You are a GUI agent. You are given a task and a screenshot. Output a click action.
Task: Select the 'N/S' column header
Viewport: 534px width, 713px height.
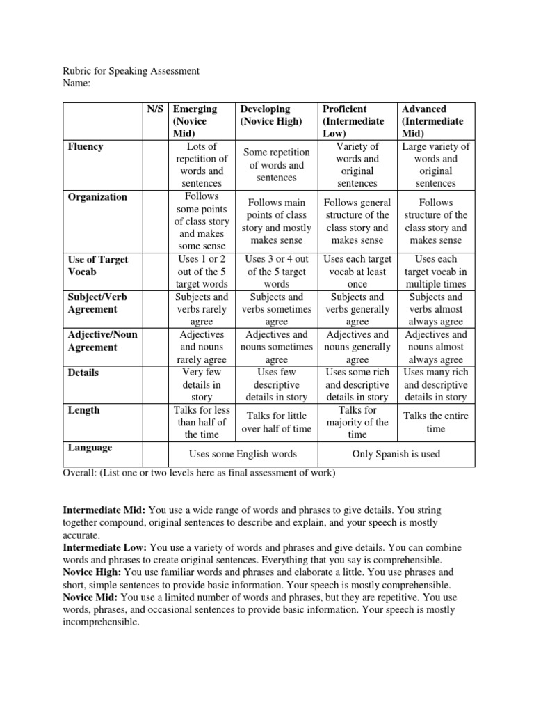coord(154,109)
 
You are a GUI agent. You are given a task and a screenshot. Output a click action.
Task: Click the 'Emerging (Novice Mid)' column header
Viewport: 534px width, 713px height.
coord(195,121)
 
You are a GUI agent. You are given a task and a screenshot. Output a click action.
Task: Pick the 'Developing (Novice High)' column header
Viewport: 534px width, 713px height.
coord(270,116)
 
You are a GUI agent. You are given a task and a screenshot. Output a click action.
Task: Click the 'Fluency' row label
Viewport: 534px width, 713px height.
coord(86,147)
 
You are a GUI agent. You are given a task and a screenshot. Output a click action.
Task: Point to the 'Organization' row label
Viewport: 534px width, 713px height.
coord(97,197)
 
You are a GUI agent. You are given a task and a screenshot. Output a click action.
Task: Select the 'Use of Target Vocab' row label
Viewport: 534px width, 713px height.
coord(98,266)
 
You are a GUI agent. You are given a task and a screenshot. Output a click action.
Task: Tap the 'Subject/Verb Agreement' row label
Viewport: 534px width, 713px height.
coord(97,303)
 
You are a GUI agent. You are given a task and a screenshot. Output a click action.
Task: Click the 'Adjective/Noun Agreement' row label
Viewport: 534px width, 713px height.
coord(102,340)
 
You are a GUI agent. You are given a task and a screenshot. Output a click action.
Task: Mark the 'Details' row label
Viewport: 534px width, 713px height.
coord(83,373)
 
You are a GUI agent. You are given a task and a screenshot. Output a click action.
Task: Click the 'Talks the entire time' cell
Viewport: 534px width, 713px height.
coord(437,422)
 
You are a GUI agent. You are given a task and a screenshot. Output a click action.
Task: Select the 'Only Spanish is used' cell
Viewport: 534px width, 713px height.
coord(396,454)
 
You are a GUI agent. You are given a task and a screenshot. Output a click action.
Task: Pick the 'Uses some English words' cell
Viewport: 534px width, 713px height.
coord(243,454)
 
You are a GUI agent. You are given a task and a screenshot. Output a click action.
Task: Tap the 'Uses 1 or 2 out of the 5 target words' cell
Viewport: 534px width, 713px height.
coord(201,272)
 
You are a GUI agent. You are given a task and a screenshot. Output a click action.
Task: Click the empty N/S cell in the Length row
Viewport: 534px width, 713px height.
coord(154,422)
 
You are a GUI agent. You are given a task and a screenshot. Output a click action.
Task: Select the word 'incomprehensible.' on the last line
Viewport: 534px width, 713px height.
coord(102,622)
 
